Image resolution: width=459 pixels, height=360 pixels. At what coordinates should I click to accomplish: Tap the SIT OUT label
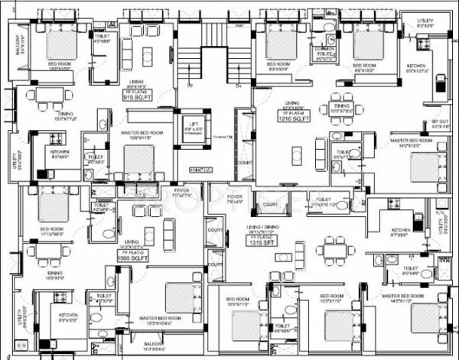point(439,124)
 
